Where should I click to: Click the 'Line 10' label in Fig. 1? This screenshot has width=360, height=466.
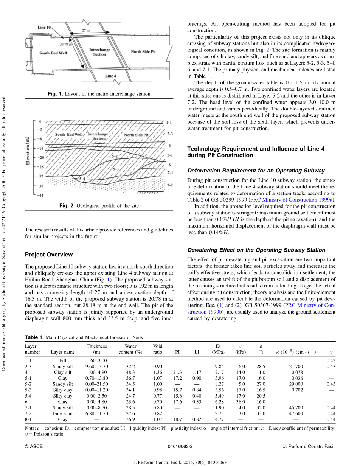(x=44, y=28)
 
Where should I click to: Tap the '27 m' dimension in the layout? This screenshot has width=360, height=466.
(x=86, y=30)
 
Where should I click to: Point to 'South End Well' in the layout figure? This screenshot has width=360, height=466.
(x=53, y=53)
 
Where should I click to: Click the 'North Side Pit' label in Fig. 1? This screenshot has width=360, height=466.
(x=143, y=51)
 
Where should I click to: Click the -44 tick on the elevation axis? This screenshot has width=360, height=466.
(x=40, y=195)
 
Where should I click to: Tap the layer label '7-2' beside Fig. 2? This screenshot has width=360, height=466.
(x=170, y=185)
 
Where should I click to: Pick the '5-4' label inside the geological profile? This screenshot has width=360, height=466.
(x=82, y=178)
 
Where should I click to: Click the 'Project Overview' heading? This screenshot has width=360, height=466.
(x=49, y=255)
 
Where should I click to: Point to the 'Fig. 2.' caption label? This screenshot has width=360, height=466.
(x=67, y=206)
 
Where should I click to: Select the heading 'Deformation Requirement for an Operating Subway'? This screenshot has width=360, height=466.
(x=256, y=171)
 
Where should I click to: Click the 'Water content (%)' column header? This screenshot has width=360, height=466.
(x=130, y=349)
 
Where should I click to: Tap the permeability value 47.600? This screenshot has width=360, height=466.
(x=296, y=413)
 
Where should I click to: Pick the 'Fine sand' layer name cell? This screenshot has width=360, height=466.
(x=63, y=413)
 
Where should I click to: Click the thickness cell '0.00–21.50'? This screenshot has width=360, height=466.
(x=97, y=384)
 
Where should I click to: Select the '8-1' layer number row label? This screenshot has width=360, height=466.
(x=28, y=419)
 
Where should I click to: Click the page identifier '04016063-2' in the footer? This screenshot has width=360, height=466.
(x=180, y=446)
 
